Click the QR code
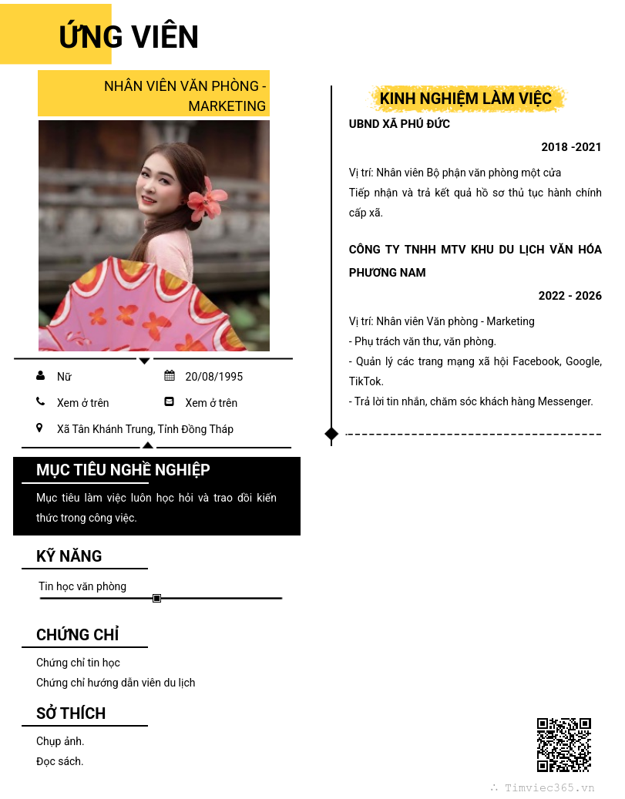564,745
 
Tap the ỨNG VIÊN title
129,37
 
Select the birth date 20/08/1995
213,377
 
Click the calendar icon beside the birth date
170,376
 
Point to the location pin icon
40,428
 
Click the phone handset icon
40,401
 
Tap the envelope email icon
170,401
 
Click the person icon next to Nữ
40,376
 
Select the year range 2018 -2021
571,147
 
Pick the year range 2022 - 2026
570,296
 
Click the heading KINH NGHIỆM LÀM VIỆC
465,99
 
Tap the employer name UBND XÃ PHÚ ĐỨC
399,124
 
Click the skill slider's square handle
157,598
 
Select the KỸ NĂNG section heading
69,556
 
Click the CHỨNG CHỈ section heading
77,635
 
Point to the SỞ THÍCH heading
71,713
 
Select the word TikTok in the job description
366,381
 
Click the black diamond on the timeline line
331,434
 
